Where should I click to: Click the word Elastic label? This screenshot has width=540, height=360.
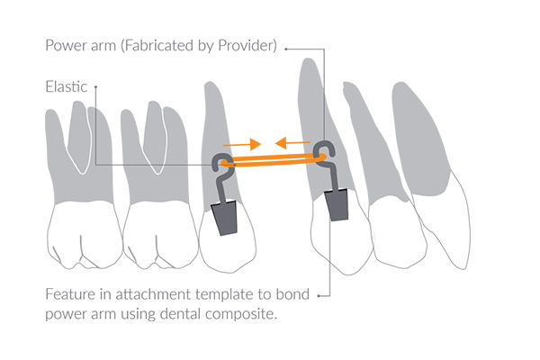tap(66, 86)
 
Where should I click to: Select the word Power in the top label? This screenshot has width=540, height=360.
tap(62, 45)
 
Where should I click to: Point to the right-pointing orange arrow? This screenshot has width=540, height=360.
tap(242, 144)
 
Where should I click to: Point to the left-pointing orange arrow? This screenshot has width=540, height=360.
tap(293, 142)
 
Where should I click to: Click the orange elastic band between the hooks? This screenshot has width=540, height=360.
tap(274, 160)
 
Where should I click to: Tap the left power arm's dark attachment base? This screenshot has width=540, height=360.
tap(224, 218)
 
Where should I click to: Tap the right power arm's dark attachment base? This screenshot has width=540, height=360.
tap(337, 204)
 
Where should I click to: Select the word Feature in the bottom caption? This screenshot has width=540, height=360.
tap(70, 294)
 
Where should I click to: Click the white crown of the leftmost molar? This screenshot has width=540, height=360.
tap(85, 234)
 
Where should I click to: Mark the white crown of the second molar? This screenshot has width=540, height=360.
tap(160, 234)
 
